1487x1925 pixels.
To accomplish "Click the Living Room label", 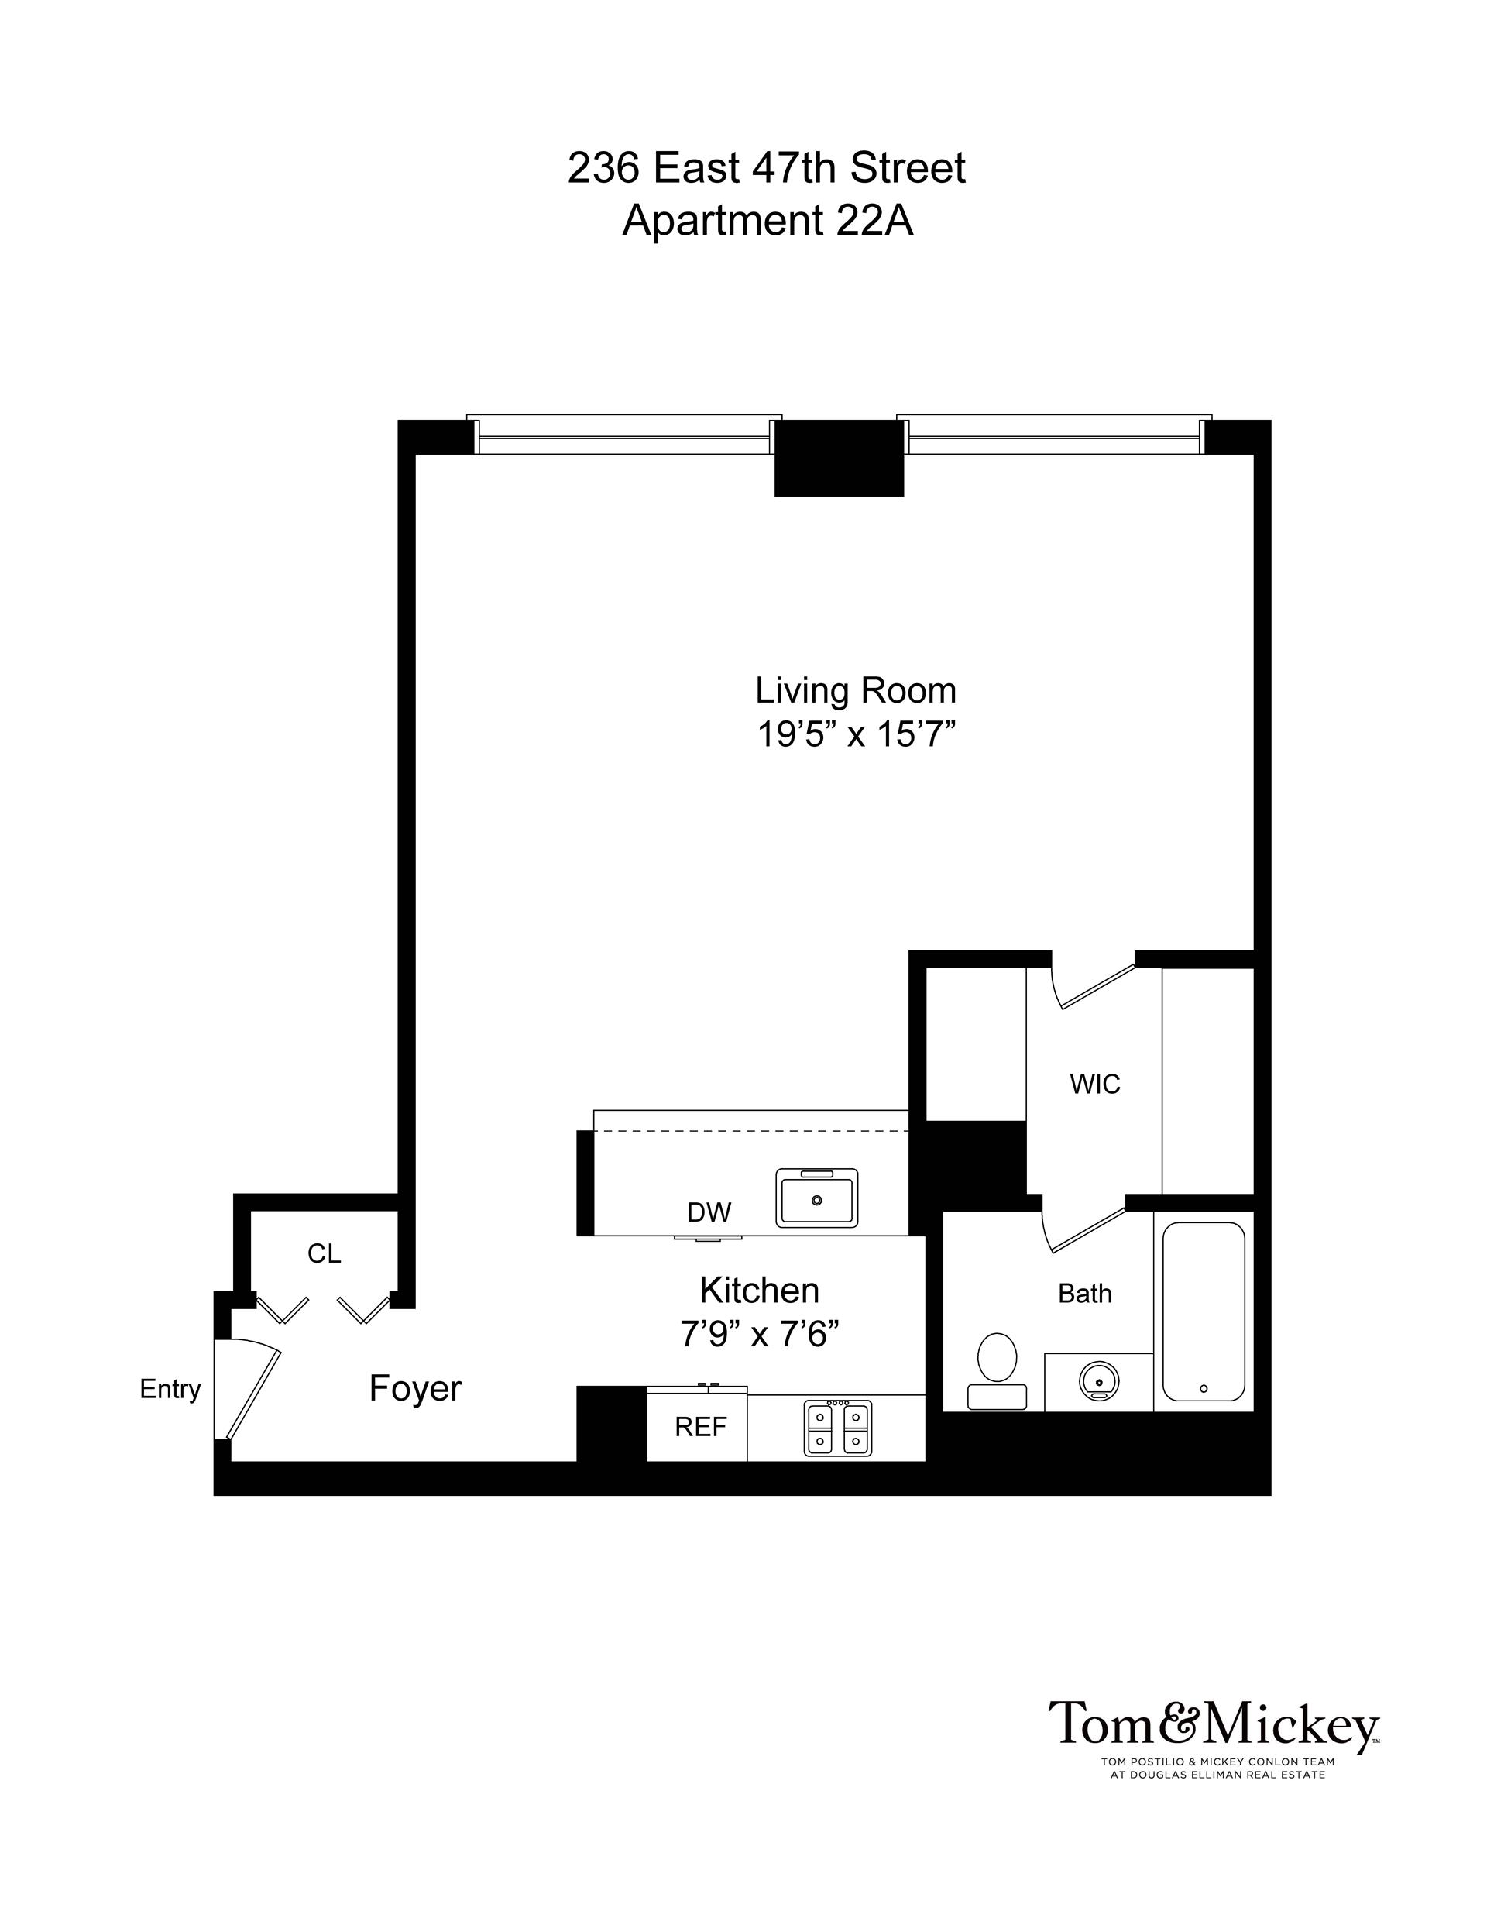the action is click(x=855, y=690).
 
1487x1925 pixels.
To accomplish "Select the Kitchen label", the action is click(x=759, y=1291).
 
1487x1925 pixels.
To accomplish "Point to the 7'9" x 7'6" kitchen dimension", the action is click(x=759, y=1335).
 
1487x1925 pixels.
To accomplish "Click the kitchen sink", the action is click(x=816, y=1198).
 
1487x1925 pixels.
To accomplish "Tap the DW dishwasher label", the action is click(x=709, y=1213).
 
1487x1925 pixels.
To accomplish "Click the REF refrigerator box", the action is click(x=700, y=1427).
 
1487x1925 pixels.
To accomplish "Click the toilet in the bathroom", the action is click(x=997, y=1368).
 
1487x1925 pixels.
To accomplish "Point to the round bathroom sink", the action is click(x=1098, y=1380).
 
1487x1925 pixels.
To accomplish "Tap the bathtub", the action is click(x=1204, y=1311).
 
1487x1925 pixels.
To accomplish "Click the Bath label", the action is click(x=1084, y=1294).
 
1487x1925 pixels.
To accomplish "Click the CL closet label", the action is click(x=324, y=1253).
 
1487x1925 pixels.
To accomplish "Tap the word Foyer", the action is click(x=415, y=1388).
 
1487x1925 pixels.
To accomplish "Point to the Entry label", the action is click(x=170, y=1389).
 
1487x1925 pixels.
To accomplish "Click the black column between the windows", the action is click(x=839, y=459).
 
